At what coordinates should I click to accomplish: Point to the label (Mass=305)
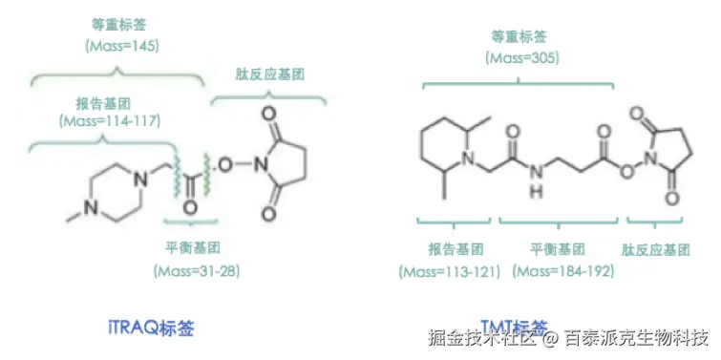tap(521, 58)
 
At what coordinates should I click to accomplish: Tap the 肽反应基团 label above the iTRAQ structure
tap(269, 74)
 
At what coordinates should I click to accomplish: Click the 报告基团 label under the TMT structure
tap(454, 250)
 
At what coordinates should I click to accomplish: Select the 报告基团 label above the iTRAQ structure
tap(106, 101)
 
